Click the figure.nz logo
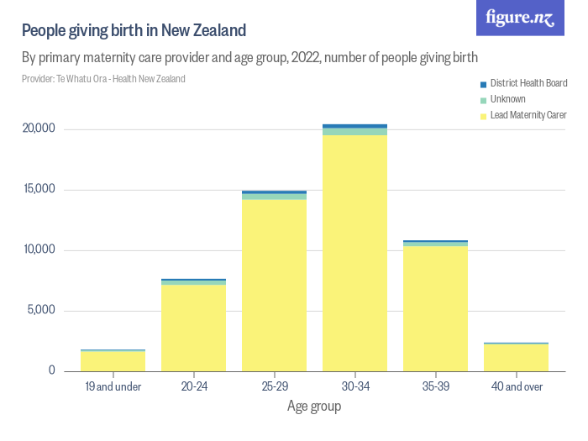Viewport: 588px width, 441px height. coord(520,18)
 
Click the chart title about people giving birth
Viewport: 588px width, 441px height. coord(134,31)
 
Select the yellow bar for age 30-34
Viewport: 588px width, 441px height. coord(354,252)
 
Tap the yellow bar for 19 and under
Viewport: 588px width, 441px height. coord(113,360)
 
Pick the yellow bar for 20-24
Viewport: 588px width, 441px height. coord(193,328)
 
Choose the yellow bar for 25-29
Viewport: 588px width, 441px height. coord(274,285)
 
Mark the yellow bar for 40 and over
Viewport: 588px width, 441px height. coord(516,357)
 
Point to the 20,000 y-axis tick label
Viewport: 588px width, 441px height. coord(39,129)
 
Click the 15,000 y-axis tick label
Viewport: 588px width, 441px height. coord(39,189)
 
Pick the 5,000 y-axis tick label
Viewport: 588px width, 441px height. coord(40,310)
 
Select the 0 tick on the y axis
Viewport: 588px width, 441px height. coord(51,370)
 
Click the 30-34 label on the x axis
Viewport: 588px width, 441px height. coord(354,386)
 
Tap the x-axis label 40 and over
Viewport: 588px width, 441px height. coord(516,386)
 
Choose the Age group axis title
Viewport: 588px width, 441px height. coord(314,407)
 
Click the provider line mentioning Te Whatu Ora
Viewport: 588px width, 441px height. coord(103,79)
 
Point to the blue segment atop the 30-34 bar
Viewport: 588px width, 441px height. coord(354,126)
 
